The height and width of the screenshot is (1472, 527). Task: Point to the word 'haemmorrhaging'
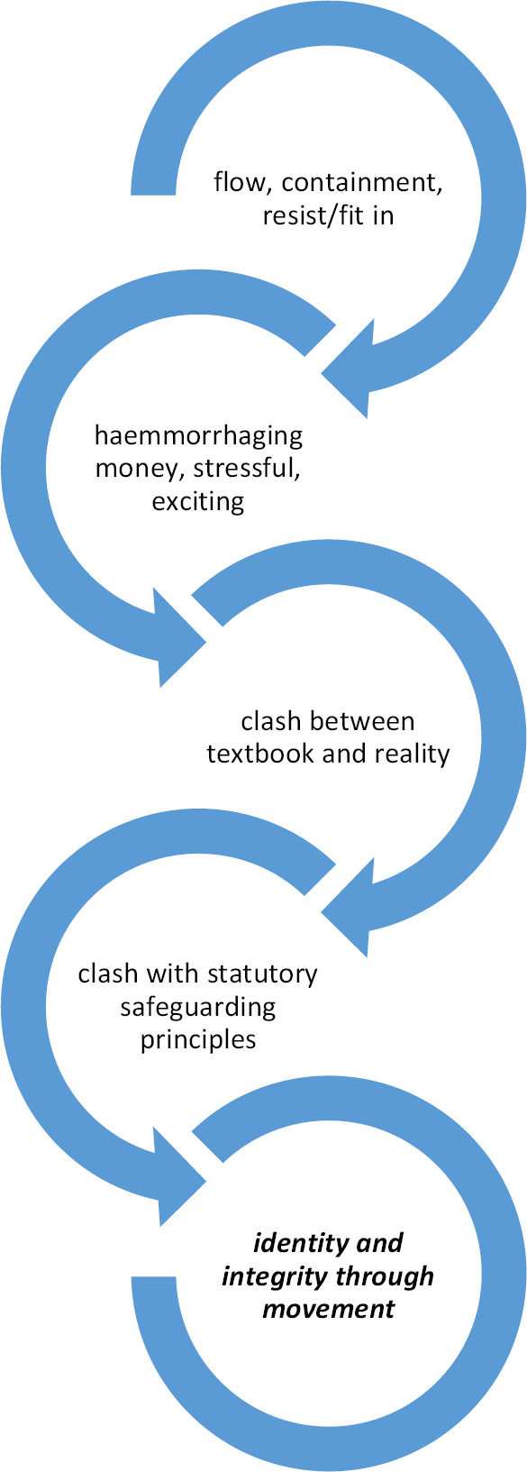pyautogui.click(x=198, y=436)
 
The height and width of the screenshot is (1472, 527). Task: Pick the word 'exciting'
pyautogui.click(x=198, y=502)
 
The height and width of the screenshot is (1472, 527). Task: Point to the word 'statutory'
pyautogui.click(x=262, y=974)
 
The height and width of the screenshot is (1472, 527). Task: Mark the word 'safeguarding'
pyautogui.click(x=198, y=1008)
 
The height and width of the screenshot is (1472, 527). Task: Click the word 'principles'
pyautogui.click(x=198, y=1040)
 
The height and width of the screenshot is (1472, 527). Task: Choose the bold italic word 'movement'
pyautogui.click(x=328, y=1309)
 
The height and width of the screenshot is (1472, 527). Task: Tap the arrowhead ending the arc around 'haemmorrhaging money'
pyautogui.click(x=178, y=638)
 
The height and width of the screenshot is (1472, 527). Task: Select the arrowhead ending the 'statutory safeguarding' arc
pyautogui.click(x=178, y=1177)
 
